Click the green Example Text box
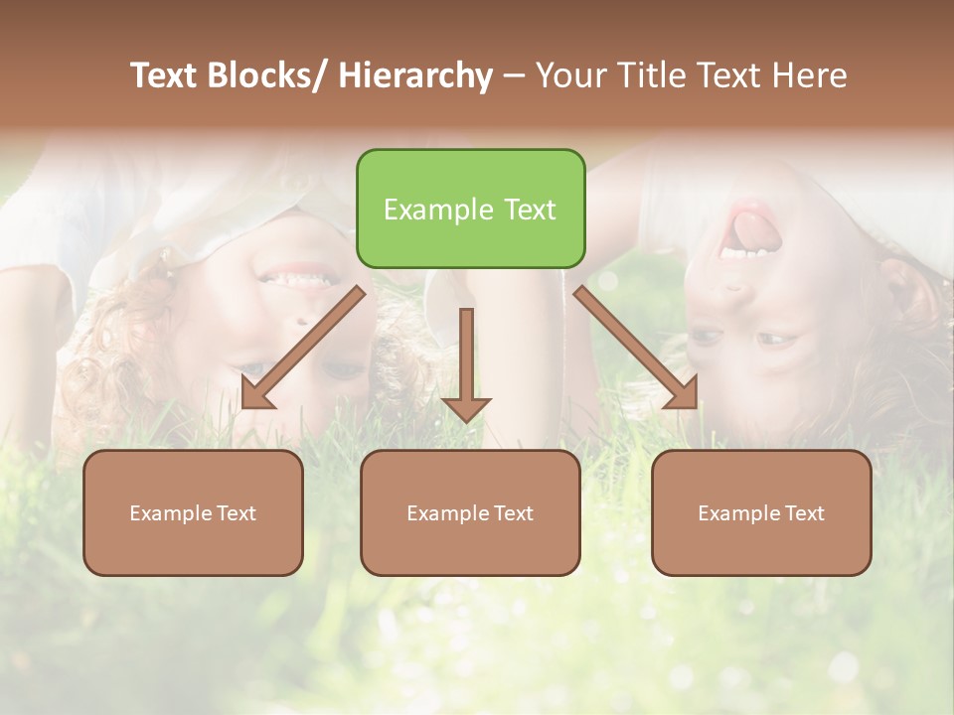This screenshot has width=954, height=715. tap(470, 209)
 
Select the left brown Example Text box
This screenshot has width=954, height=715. tap(193, 512)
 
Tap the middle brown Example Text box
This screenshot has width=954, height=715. tap(470, 512)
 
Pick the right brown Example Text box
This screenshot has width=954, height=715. tap(761, 512)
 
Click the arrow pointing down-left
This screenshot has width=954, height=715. tap(303, 348)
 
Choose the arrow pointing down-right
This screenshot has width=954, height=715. tap(636, 348)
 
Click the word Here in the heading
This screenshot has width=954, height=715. tap(810, 75)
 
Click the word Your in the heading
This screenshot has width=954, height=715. tap(571, 75)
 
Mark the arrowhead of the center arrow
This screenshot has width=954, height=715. tap(466, 407)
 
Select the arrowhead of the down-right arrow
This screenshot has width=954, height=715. tap(684, 394)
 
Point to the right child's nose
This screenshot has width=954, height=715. tap(733, 289)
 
